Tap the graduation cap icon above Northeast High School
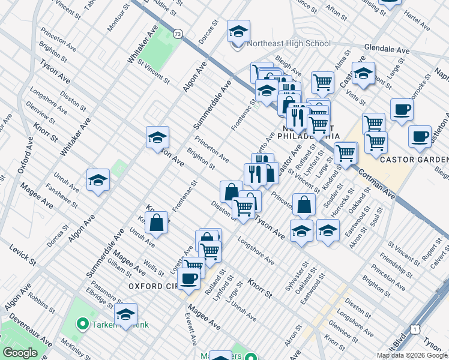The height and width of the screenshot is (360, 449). pos(238,31)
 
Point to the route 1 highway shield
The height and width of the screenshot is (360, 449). pos(414,328)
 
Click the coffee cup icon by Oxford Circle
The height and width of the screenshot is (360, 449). pos(189,278)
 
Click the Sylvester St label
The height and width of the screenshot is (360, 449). pos(294,277)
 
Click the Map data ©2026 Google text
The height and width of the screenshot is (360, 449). pos(412,355)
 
